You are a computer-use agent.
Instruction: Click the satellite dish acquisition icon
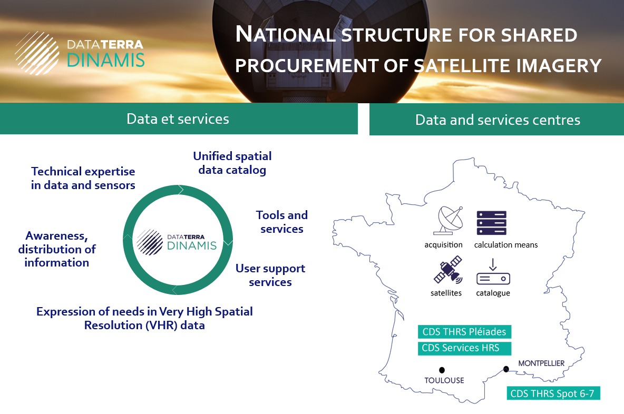pos(448,220)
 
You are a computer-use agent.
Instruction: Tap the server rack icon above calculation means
pos(492,223)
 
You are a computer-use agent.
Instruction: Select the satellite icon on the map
pos(448,270)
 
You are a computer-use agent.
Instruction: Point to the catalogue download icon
pos(493,272)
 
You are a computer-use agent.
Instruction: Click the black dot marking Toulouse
pos(442,370)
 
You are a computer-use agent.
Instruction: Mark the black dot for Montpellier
pos(506,369)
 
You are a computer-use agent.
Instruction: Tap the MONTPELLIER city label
pos(541,363)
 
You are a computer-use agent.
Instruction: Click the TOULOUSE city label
pos(444,380)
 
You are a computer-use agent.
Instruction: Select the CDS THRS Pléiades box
pos(464,332)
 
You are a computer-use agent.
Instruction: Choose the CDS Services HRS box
pos(464,348)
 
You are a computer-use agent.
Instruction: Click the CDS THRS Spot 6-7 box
pos(553,393)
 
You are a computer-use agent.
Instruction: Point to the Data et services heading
pos(178,119)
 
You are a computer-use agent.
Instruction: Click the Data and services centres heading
pos(498,120)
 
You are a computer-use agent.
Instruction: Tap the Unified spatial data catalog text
pos(232,163)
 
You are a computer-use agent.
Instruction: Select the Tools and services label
pos(282,222)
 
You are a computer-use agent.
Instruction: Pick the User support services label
pos(270,275)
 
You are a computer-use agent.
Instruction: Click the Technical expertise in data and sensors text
pos(83,178)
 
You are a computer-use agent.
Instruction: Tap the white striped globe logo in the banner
pos(37,53)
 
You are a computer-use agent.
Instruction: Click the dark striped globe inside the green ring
pos(150,242)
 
